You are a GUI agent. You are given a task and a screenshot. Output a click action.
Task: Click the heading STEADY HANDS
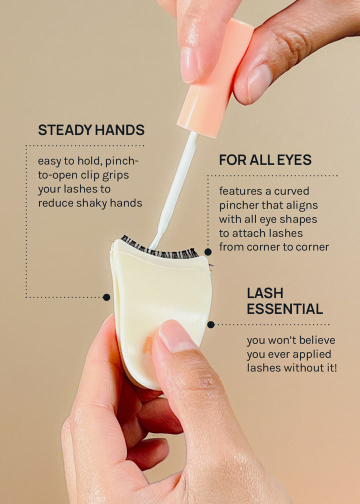pyautogui.click(x=91, y=130)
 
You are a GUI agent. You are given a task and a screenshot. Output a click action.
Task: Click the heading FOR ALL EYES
pyautogui.click(x=265, y=160)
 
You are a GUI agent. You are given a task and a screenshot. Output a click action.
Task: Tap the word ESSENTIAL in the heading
pyautogui.click(x=285, y=309)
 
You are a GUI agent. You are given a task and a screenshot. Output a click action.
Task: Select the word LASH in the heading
pyautogui.click(x=265, y=293)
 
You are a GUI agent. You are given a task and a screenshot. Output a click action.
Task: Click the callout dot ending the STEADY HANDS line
pyautogui.click(x=106, y=297)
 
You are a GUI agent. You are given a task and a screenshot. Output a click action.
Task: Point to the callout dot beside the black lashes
pyautogui.click(x=208, y=252)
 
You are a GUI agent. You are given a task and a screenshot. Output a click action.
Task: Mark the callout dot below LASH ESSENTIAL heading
pyautogui.click(x=211, y=324)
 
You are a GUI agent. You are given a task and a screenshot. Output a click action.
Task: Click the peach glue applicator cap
pyautogui.click(x=215, y=78)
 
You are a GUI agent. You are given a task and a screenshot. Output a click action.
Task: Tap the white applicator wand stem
pyautogui.click(x=175, y=189)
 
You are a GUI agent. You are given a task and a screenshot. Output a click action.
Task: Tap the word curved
pyautogui.click(x=291, y=191)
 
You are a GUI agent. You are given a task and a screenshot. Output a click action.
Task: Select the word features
pyautogui.click(x=241, y=191)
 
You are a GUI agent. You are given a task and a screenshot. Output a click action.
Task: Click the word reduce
pyautogui.click(x=56, y=203)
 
